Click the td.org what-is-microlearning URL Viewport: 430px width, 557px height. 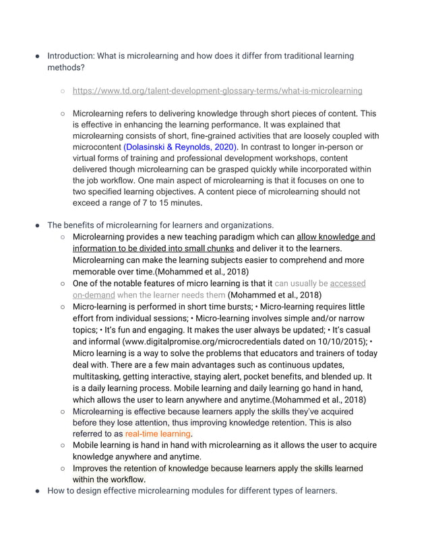217,90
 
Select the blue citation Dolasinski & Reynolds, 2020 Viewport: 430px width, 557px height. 181,147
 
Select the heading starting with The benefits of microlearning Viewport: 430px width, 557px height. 160,225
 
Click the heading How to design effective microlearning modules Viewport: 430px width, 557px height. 191,491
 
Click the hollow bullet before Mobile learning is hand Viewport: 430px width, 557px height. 62,446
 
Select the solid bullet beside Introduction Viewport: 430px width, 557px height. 38,57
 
